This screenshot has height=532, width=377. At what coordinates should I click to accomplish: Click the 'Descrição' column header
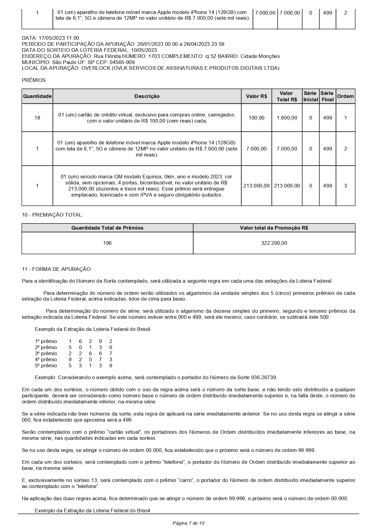click(147, 96)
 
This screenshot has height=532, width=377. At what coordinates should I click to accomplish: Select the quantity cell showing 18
click(37, 118)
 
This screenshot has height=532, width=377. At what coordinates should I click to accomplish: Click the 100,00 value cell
click(256, 118)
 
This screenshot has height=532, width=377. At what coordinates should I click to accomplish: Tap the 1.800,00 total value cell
click(287, 118)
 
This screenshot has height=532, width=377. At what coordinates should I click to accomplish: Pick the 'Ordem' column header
click(345, 96)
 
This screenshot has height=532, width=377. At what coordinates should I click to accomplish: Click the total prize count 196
click(107, 243)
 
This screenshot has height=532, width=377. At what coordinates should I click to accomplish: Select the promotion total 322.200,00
click(274, 243)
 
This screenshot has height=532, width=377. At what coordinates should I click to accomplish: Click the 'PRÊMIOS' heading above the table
click(34, 80)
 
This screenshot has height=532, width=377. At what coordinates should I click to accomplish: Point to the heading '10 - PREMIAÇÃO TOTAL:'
click(52, 215)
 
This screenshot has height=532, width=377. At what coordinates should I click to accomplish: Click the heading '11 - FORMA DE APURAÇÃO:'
click(57, 269)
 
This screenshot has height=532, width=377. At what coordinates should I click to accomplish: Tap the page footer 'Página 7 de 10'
click(188, 523)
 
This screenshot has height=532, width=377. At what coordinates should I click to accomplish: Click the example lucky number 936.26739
click(264, 378)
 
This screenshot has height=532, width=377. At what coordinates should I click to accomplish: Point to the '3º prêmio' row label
click(46, 353)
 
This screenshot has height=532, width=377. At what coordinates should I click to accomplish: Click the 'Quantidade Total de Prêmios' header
click(107, 228)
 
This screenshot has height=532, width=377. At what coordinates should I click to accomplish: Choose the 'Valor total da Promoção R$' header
click(274, 228)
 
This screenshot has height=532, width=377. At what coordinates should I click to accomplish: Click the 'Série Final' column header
click(327, 96)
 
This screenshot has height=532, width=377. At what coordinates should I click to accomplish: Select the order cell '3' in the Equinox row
click(345, 186)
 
